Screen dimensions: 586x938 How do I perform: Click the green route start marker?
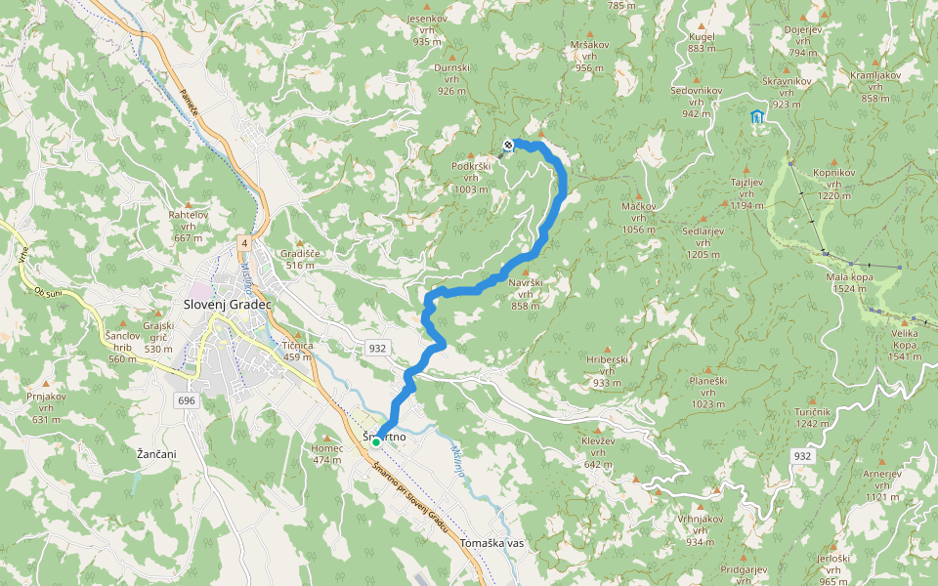pyautogui.click(x=376, y=441)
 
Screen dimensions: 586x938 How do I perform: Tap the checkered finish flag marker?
pyautogui.click(x=508, y=146)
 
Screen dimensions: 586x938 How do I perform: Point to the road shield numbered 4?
pyautogui.click(x=243, y=241)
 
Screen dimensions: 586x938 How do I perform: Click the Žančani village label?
pyautogui.click(x=156, y=454)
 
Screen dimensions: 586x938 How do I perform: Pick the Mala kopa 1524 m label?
pyautogui.click(x=847, y=282)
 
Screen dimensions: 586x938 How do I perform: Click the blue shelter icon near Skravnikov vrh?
pyautogui.click(x=756, y=117)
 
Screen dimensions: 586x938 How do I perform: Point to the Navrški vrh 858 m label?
pyautogui.click(x=525, y=293)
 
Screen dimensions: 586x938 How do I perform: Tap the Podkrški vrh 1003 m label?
pyautogui.click(x=470, y=178)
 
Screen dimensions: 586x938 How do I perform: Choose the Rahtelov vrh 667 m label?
pyautogui.click(x=189, y=226)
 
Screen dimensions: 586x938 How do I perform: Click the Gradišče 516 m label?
pyautogui.click(x=300, y=259)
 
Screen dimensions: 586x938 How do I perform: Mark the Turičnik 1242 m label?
pyautogui.click(x=812, y=418)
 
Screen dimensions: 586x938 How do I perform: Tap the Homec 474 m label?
pyautogui.click(x=326, y=454)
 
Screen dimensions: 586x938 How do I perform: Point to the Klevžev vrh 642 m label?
pyautogui.click(x=598, y=452)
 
